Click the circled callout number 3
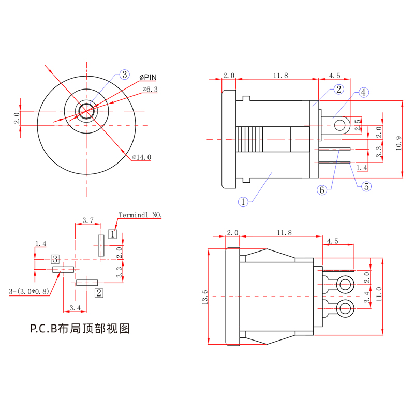click(x=124, y=75)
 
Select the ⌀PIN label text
click(x=147, y=77)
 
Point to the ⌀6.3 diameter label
click(x=150, y=90)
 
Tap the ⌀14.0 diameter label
click(x=141, y=157)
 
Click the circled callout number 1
click(x=243, y=202)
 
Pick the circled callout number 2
click(x=338, y=90)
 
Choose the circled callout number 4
click(x=364, y=93)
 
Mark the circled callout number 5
click(x=366, y=186)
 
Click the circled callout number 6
click(x=322, y=190)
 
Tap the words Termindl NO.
click(x=140, y=214)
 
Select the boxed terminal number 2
click(x=98, y=293)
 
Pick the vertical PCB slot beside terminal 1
click(x=101, y=245)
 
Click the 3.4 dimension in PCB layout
click(x=75, y=308)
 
